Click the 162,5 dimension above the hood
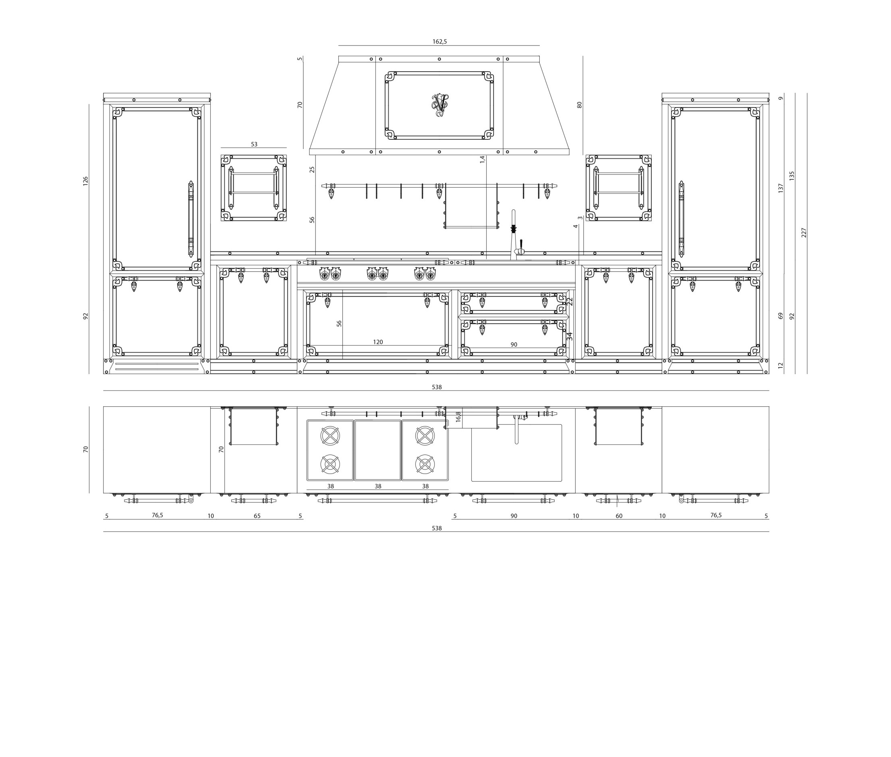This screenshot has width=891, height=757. [x=439, y=41]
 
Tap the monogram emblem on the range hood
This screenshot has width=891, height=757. [x=439, y=105]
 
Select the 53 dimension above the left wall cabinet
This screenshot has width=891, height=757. [x=254, y=144]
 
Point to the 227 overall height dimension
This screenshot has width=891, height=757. [x=804, y=233]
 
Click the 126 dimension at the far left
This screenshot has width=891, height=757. [x=85, y=181]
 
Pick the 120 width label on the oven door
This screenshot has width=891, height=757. [x=378, y=342]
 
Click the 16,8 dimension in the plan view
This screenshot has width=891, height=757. [x=458, y=417]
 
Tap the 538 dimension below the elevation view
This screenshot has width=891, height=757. [x=437, y=387]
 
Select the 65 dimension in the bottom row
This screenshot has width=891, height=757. [x=257, y=516]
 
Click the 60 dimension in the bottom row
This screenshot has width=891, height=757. [x=619, y=516]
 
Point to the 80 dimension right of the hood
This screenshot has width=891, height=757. [x=579, y=105]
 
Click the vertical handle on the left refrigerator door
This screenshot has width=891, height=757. [x=191, y=219]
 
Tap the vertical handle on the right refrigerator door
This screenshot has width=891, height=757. [x=681, y=219]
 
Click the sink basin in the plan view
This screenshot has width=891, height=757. [x=516, y=453]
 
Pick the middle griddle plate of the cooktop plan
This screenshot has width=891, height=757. [x=378, y=450]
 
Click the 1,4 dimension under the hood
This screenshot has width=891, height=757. [x=483, y=159]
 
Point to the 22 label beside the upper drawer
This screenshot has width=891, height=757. [x=570, y=301]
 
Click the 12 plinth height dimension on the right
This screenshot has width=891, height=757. [x=780, y=366]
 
